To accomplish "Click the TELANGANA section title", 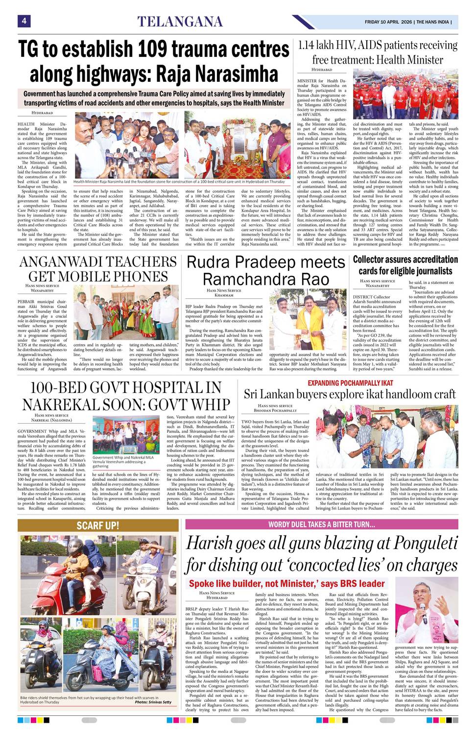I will (180, 22).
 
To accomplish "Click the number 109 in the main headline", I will (152, 49).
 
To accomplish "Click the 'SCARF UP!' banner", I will (98, 526).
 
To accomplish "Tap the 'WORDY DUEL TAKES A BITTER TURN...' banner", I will (321, 524).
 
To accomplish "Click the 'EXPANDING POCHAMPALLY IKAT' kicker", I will (350, 383).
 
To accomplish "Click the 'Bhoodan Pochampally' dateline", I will (275, 411).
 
